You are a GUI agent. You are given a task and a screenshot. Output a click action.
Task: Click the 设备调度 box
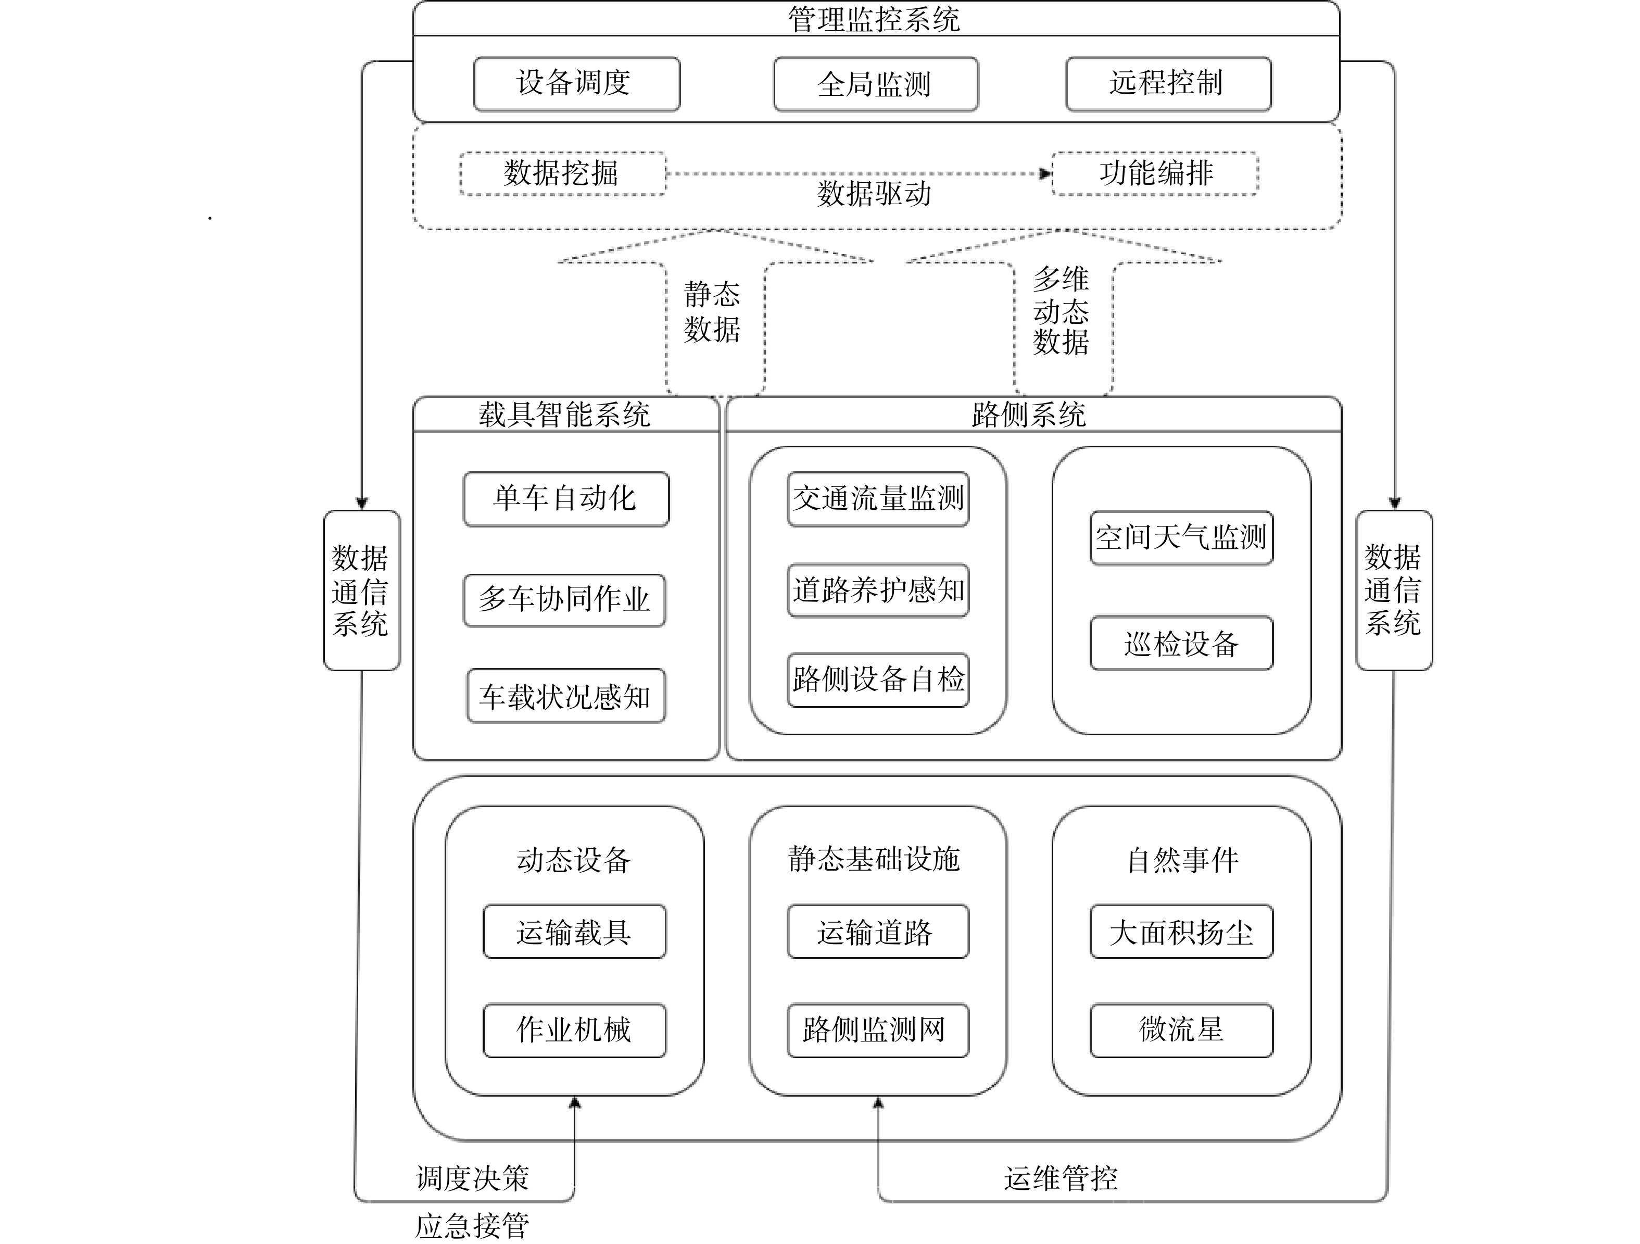(577, 84)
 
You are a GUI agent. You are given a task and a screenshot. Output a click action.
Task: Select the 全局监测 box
(876, 84)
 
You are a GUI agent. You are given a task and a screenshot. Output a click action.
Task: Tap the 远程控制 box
(1168, 84)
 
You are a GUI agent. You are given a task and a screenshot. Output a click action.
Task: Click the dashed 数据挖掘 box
(563, 173)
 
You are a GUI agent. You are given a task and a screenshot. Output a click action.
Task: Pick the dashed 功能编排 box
(1155, 173)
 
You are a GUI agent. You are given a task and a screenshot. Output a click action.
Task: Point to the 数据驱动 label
(874, 194)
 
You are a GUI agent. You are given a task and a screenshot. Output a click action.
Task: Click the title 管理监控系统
(874, 19)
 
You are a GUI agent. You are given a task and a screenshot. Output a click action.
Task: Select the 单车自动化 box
(566, 499)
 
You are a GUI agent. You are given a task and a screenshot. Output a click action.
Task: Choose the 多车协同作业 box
(564, 600)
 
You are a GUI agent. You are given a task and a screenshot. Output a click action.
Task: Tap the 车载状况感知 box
(566, 695)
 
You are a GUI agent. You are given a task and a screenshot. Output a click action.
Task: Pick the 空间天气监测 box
(1182, 537)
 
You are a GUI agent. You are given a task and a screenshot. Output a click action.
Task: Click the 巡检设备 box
(1182, 643)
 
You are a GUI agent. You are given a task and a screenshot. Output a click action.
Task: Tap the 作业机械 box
(575, 1031)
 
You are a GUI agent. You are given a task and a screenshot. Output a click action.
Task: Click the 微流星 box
(1182, 1031)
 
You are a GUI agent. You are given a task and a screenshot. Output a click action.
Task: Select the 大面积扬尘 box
(1182, 932)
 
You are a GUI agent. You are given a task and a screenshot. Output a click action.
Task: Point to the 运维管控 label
(1061, 1178)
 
